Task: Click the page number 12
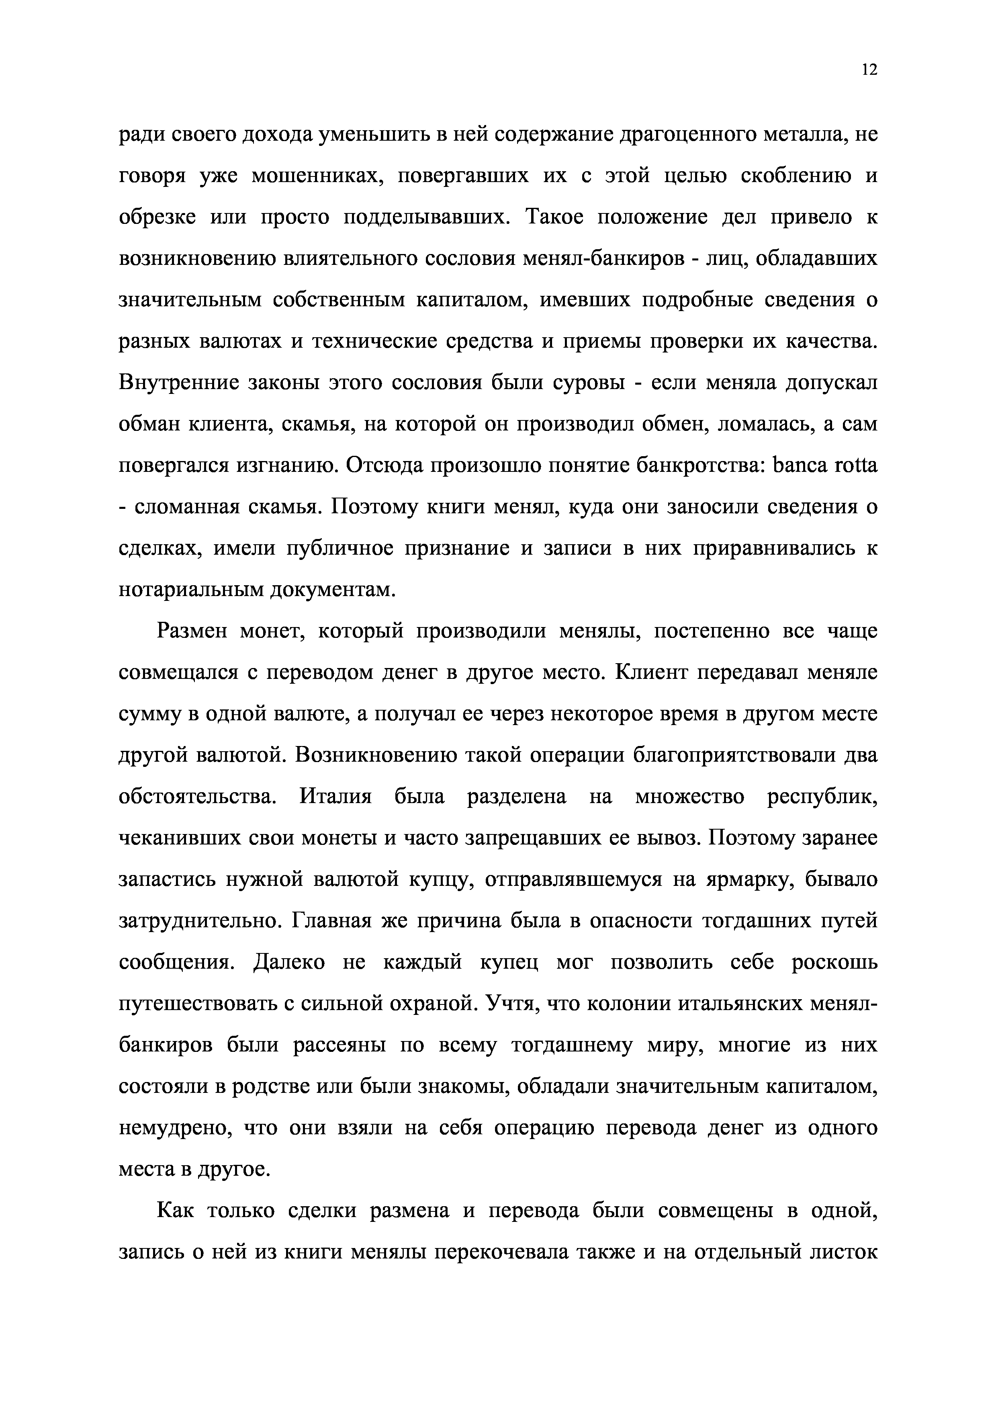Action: (869, 70)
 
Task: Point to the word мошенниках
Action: (314, 177)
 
